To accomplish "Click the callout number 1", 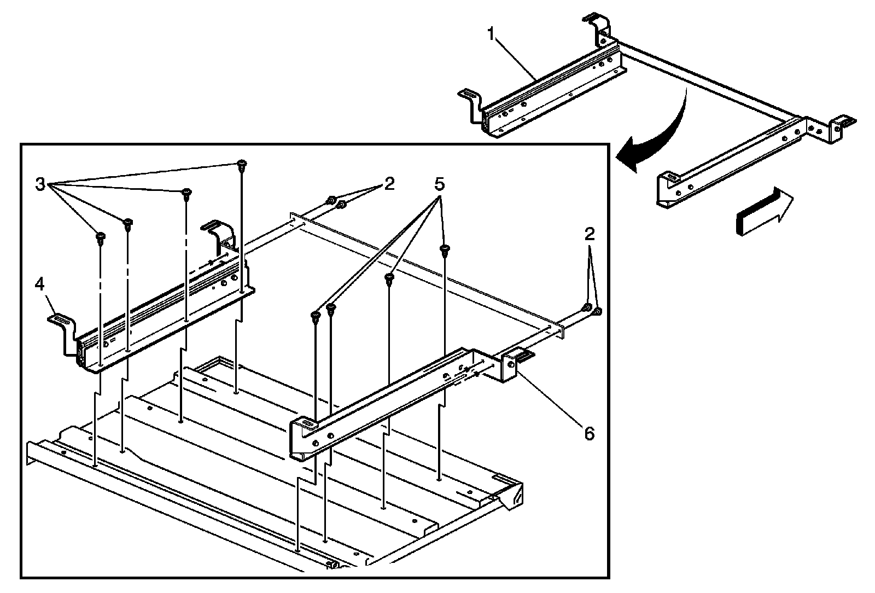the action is click(x=492, y=36).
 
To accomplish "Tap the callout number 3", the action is click(x=40, y=184).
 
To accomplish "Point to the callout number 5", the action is click(x=439, y=185).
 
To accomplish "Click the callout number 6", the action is click(x=588, y=433).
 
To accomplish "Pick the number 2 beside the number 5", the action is click(x=389, y=183).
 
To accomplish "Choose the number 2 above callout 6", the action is click(x=589, y=235).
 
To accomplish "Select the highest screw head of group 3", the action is click(x=241, y=164).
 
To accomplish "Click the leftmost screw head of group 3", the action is click(x=101, y=237).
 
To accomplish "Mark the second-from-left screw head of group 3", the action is click(x=127, y=223).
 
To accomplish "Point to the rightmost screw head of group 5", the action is click(x=445, y=249).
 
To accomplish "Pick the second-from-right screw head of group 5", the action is click(x=389, y=278).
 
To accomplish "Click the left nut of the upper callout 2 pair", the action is click(x=331, y=201).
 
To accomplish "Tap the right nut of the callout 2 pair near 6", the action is click(x=597, y=311).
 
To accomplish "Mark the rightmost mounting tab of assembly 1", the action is click(x=843, y=121).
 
